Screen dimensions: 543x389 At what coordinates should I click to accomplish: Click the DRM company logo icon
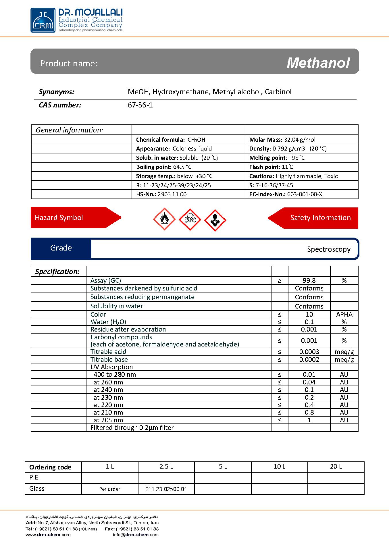(43, 20)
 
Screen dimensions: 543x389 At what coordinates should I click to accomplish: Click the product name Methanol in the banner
(318, 63)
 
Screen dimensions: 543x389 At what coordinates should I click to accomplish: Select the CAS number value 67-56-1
(140, 105)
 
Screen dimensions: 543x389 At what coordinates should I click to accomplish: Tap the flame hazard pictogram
(164, 219)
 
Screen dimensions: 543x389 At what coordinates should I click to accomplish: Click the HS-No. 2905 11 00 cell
(161, 194)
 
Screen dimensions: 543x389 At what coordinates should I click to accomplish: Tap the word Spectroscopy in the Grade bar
(328, 249)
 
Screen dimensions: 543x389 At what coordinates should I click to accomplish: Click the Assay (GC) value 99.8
(309, 280)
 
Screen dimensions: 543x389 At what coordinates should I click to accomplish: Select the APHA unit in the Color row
(344, 314)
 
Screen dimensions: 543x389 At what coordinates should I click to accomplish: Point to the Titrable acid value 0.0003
(309, 352)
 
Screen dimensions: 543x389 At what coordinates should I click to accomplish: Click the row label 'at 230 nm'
(108, 397)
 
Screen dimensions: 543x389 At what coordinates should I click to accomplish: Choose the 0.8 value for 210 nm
(309, 412)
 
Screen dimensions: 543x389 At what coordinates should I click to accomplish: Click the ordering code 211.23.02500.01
(166, 489)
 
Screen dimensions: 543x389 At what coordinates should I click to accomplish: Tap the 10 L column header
(279, 467)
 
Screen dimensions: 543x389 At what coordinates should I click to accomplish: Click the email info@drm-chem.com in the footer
(136, 535)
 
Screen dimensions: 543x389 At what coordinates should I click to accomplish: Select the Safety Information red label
(320, 218)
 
